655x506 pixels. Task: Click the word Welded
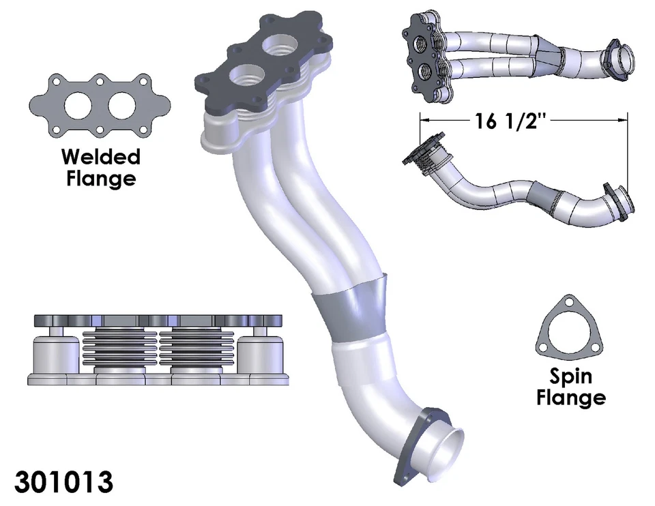(100, 157)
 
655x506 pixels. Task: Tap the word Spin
(571, 376)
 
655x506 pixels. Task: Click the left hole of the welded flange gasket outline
(78, 104)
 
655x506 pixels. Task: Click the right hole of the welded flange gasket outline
(123, 104)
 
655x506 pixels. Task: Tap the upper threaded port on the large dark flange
(281, 46)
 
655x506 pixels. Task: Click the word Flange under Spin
(571, 397)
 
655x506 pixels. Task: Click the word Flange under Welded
(100, 179)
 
